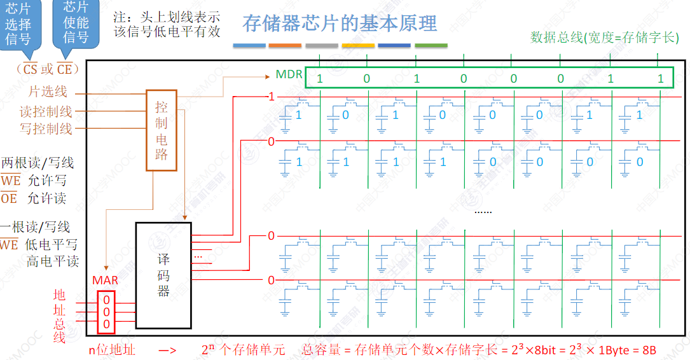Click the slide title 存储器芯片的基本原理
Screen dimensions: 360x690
pos(340,24)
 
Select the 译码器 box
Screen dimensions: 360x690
pos(163,275)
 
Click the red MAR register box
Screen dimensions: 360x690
pos(106,312)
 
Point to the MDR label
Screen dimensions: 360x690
pos(289,75)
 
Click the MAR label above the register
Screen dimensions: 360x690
pos(106,280)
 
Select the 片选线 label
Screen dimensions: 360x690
pos(48,92)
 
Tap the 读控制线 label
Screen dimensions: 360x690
pos(46,111)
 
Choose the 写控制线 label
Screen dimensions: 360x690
pos(46,128)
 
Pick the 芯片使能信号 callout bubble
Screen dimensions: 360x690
pos(76,23)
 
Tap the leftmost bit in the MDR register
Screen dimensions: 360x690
pos(320,79)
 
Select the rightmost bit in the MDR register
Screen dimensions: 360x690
pos(660,79)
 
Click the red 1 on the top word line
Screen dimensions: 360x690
pos(272,97)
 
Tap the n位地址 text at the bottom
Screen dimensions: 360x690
pos(112,349)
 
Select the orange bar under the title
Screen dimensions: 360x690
pos(285,46)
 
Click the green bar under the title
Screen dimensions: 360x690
pos(431,46)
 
